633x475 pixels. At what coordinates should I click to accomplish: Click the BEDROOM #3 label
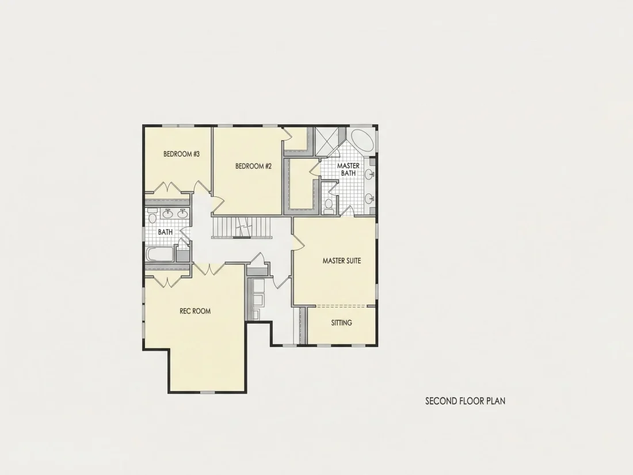(x=181, y=154)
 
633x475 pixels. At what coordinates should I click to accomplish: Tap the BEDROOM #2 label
(x=254, y=166)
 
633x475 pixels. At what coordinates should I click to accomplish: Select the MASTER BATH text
(x=348, y=169)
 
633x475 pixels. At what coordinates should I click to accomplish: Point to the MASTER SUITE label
(x=341, y=261)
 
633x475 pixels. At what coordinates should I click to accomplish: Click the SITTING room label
(x=341, y=323)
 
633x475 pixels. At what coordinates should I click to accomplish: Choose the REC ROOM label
(x=195, y=311)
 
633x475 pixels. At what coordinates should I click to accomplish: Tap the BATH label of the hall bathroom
(x=165, y=232)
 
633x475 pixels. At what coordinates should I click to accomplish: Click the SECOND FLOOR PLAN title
(x=465, y=401)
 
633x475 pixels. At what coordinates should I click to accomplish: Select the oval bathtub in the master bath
(x=362, y=141)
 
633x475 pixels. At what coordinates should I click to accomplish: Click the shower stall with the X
(x=328, y=141)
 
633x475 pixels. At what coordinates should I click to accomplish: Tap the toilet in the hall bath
(x=152, y=217)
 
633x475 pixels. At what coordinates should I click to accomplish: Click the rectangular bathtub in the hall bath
(x=160, y=254)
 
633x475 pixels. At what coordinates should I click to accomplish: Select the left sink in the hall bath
(x=168, y=213)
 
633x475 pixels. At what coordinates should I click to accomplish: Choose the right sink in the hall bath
(x=182, y=213)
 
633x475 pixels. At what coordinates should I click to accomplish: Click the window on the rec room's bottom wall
(x=207, y=392)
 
